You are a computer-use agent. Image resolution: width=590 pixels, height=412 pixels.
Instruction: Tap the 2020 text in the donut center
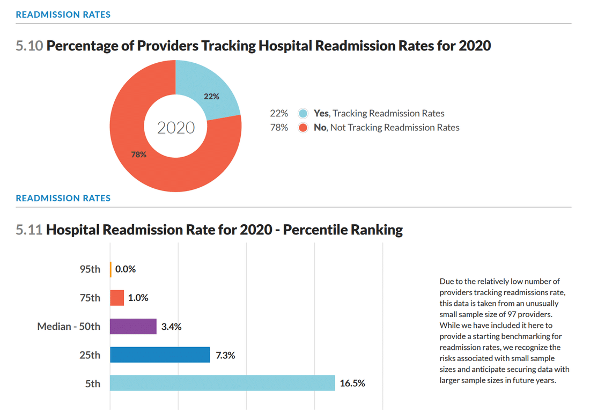pos(176,128)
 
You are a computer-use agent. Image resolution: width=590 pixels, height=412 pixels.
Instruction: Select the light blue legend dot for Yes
pos(303,113)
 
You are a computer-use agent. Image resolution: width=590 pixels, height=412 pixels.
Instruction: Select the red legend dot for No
pos(303,128)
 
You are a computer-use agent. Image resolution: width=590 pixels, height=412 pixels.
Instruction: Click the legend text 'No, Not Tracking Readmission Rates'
pos(386,128)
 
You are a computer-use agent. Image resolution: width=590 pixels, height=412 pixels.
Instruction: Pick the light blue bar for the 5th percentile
pos(222,383)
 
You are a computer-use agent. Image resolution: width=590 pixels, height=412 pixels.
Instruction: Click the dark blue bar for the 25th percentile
pos(159,355)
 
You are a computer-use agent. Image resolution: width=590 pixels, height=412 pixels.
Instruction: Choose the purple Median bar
pos(133,326)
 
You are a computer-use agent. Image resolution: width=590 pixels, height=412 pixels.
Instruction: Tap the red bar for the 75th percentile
pos(117,298)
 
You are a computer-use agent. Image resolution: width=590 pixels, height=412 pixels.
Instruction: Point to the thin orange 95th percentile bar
pos(110,269)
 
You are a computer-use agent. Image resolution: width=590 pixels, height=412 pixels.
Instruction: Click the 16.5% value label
pos(352,384)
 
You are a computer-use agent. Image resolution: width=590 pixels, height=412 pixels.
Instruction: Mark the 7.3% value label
pos(225,355)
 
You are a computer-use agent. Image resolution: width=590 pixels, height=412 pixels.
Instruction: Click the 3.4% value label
pos(172,327)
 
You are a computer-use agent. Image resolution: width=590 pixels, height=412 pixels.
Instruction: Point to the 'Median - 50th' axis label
pos(69,327)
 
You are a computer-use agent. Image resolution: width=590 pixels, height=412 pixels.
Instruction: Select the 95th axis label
pos(90,269)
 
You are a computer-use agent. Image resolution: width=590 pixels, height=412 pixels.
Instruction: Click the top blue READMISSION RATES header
pos(63,14)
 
